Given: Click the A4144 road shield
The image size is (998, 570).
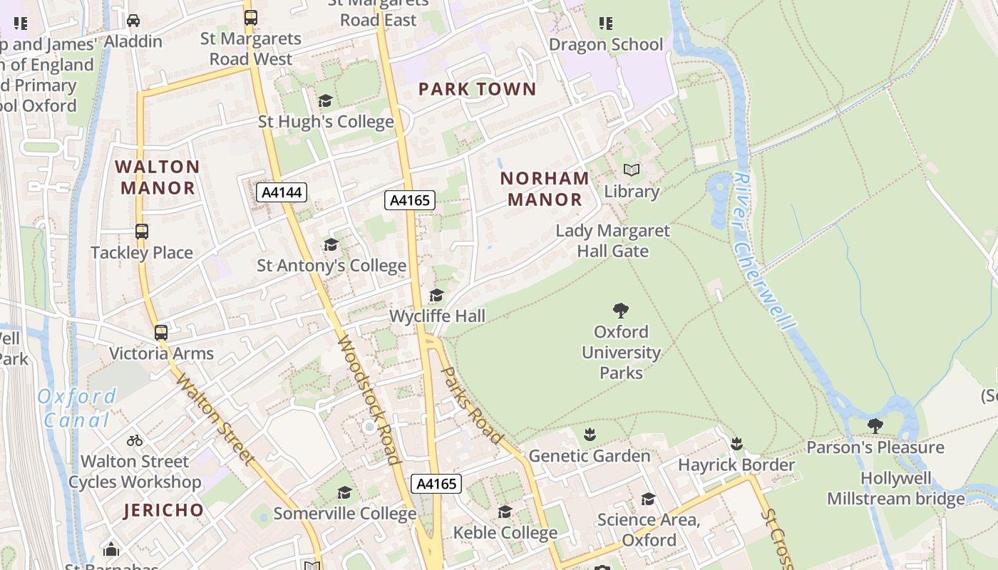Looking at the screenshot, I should click(282, 192).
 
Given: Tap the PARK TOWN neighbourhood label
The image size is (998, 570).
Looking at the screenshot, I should click(477, 89).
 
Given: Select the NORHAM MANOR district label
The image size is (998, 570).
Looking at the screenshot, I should click(545, 189).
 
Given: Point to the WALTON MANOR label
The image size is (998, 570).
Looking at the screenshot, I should click(158, 177).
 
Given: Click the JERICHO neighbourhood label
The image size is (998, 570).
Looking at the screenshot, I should click(164, 510).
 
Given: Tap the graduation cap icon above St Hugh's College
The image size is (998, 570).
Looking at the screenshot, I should click(326, 101).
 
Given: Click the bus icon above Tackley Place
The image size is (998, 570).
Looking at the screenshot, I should click(142, 232).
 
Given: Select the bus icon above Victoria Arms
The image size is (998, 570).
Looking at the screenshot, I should click(161, 332).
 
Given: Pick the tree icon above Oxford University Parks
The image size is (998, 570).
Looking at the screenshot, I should click(621, 311).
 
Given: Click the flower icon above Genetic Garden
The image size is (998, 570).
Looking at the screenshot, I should click(590, 435).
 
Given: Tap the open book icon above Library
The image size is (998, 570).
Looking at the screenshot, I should click(632, 170).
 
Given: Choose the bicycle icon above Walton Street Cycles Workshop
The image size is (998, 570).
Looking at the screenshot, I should click(135, 440).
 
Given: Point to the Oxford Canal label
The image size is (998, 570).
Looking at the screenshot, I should click(77, 408).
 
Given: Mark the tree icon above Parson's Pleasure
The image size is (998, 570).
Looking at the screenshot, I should click(875, 426).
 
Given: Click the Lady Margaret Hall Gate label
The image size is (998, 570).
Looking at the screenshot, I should click(613, 241).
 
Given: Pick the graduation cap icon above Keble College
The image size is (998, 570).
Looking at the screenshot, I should click(505, 512).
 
